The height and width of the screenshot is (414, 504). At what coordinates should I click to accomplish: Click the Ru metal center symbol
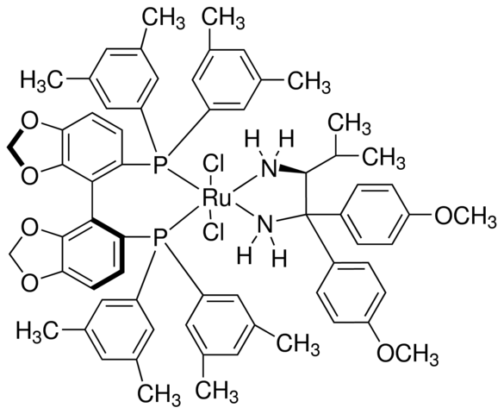tap(216, 198)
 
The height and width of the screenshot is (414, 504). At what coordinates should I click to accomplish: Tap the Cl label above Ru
tap(213, 165)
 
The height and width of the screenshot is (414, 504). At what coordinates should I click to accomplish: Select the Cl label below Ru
tap(213, 233)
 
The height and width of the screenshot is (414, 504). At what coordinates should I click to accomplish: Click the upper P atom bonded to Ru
tap(159, 166)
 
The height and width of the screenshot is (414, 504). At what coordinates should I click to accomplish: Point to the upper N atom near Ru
tap(270, 168)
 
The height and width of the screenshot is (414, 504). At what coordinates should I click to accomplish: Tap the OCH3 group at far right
tap(465, 216)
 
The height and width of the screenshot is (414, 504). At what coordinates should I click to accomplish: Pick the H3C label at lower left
tap(38, 330)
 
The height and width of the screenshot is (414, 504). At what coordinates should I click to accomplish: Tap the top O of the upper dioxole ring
tap(29, 123)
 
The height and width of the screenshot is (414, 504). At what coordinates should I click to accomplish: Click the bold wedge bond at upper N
tap(292, 170)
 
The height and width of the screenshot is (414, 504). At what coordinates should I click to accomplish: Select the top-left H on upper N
tap(252, 141)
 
